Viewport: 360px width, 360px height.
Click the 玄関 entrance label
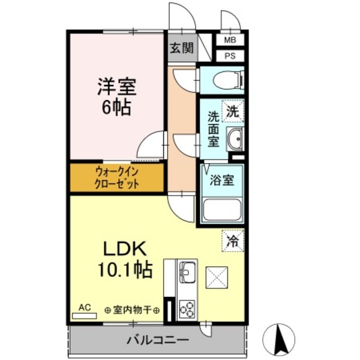181,48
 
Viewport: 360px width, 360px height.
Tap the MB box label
231,40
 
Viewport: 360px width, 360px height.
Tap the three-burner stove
186,309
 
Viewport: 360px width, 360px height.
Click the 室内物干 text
133,310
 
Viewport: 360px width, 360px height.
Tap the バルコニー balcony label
157,340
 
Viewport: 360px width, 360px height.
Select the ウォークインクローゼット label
116,178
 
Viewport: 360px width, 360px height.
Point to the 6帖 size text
116,107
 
